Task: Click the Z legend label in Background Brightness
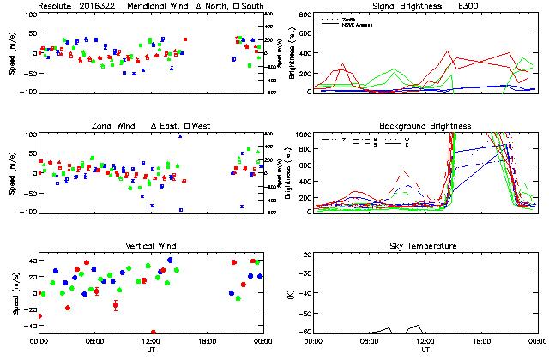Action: (x=343, y=138)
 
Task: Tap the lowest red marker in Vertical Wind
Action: (x=154, y=332)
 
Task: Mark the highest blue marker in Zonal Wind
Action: (x=180, y=135)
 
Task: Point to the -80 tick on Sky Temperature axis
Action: (x=305, y=333)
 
